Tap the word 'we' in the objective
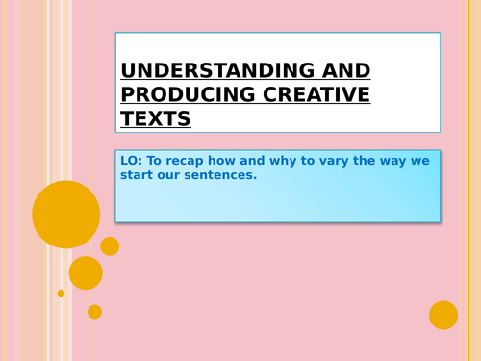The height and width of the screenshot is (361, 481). click(x=424, y=161)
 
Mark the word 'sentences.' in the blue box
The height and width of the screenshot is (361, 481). click(x=223, y=176)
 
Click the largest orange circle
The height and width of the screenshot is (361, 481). click(x=65, y=214)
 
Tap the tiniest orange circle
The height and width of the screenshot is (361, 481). click(x=61, y=293)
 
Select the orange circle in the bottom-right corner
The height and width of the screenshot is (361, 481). click(x=443, y=315)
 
